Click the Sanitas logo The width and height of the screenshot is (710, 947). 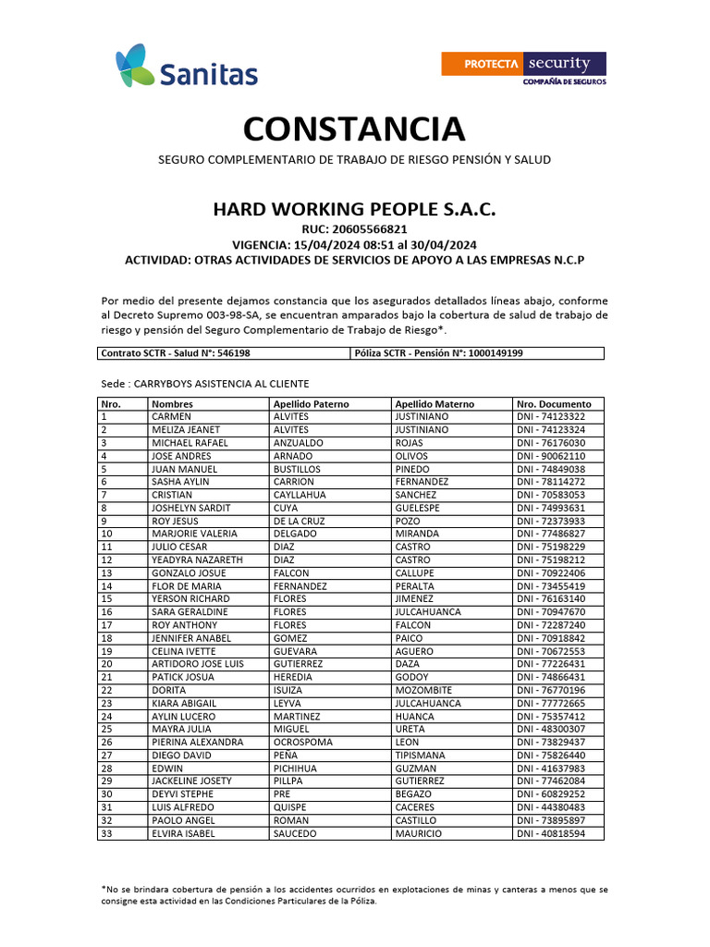(186, 68)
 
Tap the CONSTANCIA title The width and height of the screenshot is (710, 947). (354, 129)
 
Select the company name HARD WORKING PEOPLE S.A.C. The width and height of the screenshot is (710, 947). (354, 210)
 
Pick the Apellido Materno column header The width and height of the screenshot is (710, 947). (435, 404)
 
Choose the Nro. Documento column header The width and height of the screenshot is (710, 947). (554, 404)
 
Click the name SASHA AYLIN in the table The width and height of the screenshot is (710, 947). (180, 482)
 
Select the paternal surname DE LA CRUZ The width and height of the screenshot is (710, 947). (300, 521)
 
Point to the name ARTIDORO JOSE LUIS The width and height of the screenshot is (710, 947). (198, 664)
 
